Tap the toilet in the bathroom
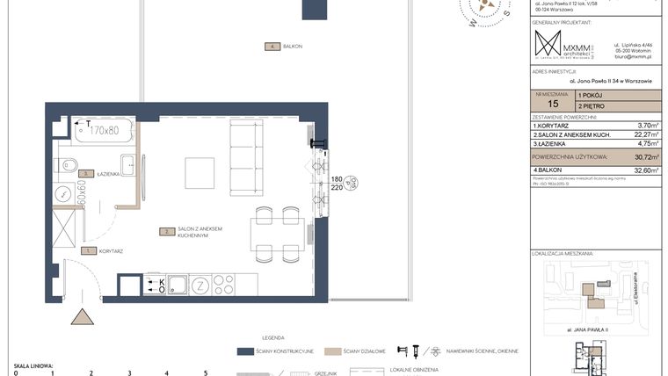(x=68, y=164)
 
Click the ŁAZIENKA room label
(x=109, y=174)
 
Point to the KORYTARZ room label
(x=110, y=250)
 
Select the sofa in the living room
(x=246, y=158)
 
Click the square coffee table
(x=200, y=172)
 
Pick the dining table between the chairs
(x=278, y=235)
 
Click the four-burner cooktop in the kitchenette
(x=223, y=285)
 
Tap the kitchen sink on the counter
(x=177, y=285)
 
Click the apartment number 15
(x=551, y=104)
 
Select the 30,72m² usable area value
(x=646, y=155)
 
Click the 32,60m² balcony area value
(x=646, y=170)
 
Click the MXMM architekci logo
(x=562, y=45)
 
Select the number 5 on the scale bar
(x=206, y=372)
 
